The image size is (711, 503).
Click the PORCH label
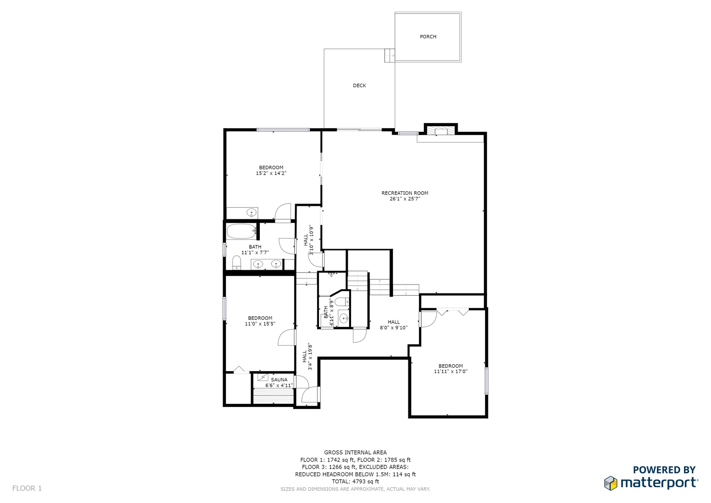(428, 37)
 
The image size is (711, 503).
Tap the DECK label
(359, 86)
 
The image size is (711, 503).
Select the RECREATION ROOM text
(405, 193)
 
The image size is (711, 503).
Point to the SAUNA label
(279, 380)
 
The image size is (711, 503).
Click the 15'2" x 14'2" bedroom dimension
(271, 173)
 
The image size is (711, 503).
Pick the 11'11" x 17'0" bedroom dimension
(451, 372)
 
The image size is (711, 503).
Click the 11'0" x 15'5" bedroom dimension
(260, 324)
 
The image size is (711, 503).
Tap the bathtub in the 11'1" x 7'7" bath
(242, 231)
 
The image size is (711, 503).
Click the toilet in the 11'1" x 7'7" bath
(237, 263)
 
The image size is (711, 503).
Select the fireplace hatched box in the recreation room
(440, 131)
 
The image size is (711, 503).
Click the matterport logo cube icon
(610, 483)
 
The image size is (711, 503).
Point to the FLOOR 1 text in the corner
(27, 488)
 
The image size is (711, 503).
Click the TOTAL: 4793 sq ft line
(356, 482)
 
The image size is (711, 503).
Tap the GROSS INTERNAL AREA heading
(356, 453)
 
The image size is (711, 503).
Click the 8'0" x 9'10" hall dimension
(393, 328)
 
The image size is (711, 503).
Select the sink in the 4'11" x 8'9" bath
(344, 318)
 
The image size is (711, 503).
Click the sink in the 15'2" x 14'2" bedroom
(252, 212)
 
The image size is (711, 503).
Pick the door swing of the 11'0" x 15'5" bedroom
(287, 338)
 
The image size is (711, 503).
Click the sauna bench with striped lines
(273, 396)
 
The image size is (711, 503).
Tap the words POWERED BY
(664, 469)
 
